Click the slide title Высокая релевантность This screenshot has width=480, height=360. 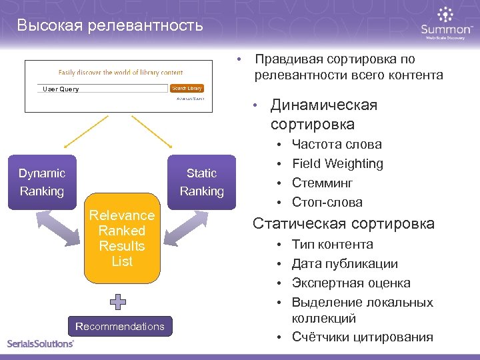tap(110, 26)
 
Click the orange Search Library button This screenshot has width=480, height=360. tap(187, 88)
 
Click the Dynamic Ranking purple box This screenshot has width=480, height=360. tap(42, 182)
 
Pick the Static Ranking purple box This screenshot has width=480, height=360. tap(201, 182)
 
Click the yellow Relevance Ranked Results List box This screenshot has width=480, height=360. tap(122, 238)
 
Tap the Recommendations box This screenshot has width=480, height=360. tap(120, 326)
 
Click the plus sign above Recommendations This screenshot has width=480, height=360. tap(118, 302)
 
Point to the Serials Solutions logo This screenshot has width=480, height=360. tap(41, 343)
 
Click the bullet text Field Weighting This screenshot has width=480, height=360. tap(337, 163)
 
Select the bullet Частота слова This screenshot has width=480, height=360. tap(337, 144)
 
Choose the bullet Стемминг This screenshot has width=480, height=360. tap(322, 183)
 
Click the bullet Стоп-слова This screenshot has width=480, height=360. tap(327, 202)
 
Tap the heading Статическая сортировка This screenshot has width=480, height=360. tap(343, 223)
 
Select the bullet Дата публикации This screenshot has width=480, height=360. tap(345, 264)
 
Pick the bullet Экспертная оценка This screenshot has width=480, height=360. tap(351, 283)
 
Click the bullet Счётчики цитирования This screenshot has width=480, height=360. tap(362, 337)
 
